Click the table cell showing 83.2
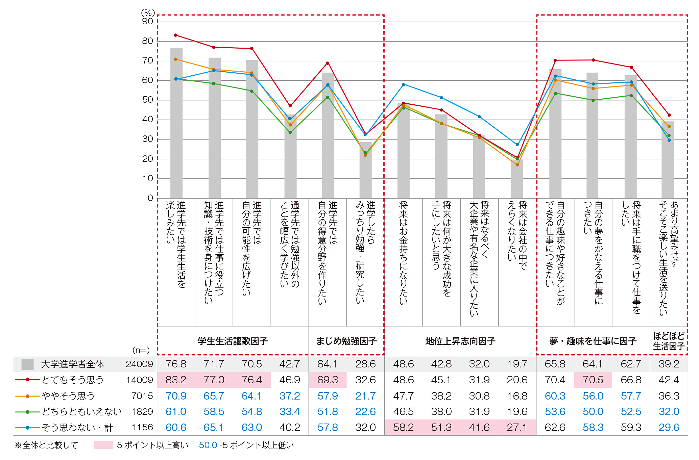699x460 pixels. (x=176, y=380)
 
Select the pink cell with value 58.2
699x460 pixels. (x=403, y=428)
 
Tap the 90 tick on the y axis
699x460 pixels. (x=148, y=21)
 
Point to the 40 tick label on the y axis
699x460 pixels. (x=148, y=119)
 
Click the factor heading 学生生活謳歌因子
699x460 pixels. (x=233, y=341)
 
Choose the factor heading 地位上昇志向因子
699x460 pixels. (x=460, y=341)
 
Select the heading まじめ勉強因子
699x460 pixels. (x=346, y=341)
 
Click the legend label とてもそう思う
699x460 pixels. (x=73, y=380)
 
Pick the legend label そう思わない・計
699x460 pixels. (x=77, y=428)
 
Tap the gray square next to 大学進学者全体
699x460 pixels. (x=27, y=364)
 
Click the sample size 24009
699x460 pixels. (x=139, y=364)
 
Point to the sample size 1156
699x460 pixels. (x=142, y=428)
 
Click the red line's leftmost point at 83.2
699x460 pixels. (x=176, y=35)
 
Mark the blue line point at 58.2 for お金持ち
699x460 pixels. (x=404, y=84)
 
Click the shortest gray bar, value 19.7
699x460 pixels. (x=517, y=179)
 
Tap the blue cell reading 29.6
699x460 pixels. (x=669, y=428)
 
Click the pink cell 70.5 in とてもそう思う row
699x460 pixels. (x=593, y=380)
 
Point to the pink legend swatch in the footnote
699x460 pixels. (x=103, y=445)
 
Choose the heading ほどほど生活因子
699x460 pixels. (x=669, y=341)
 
